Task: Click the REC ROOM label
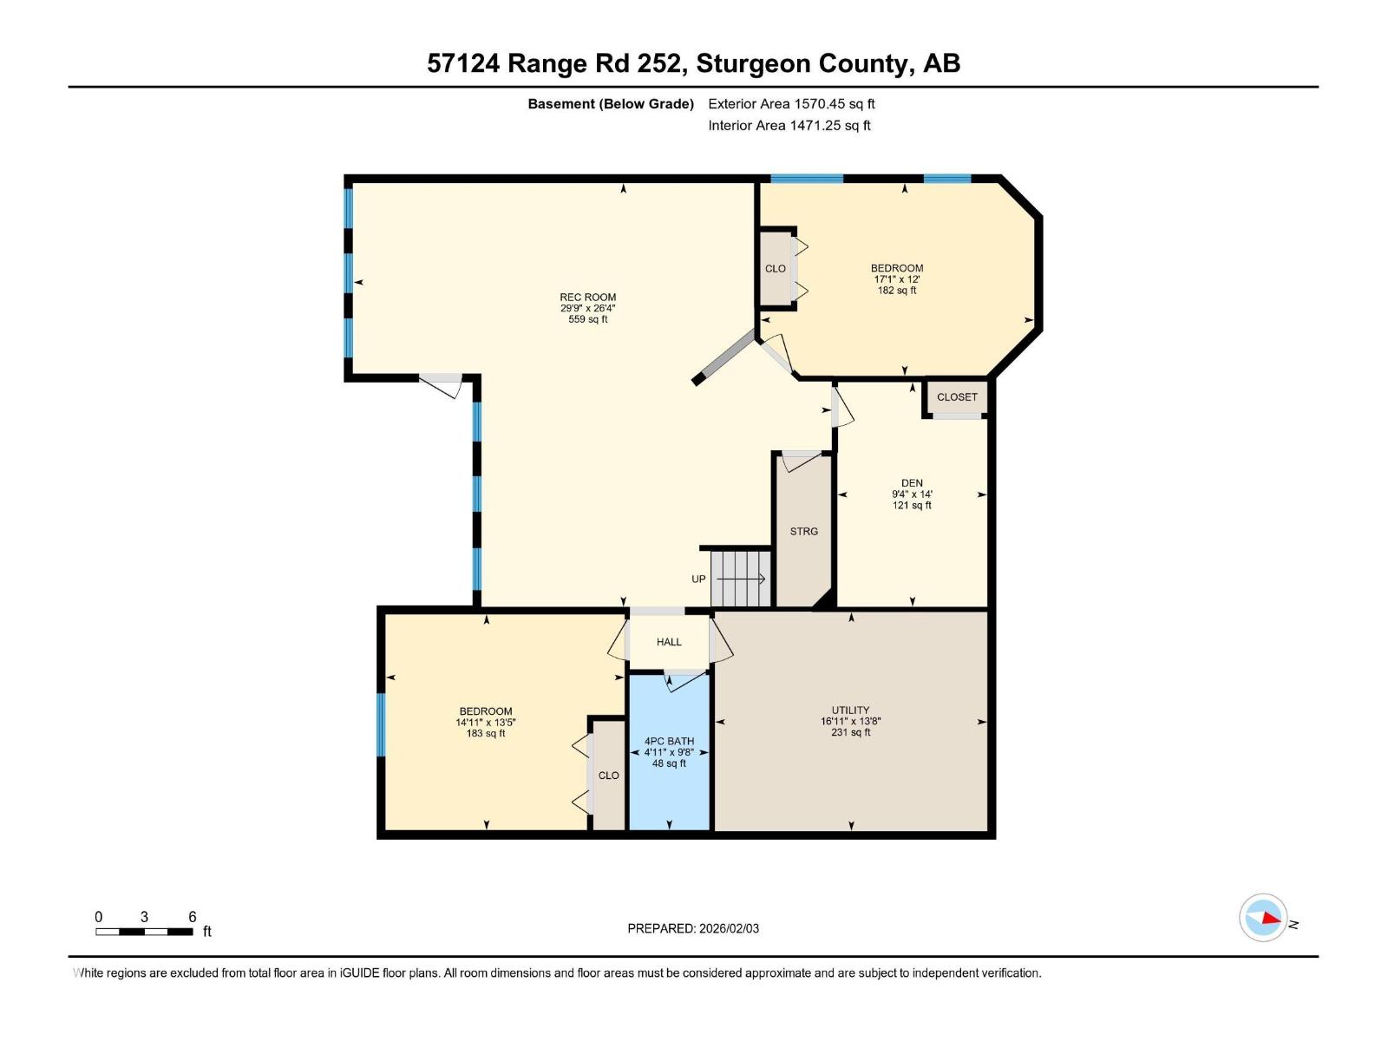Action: (x=587, y=297)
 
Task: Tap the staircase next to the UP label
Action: (x=741, y=579)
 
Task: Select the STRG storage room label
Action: (x=803, y=531)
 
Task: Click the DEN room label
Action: (x=912, y=483)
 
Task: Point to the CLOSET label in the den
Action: (x=957, y=397)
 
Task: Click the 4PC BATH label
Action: (x=669, y=742)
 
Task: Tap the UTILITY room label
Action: (x=850, y=710)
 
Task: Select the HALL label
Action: (x=669, y=642)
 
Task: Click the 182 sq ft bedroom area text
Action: (x=897, y=291)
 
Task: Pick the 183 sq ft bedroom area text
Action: (x=486, y=734)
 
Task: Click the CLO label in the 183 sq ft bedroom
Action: (x=608, y=776)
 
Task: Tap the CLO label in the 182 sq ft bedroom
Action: (x=776, y=269)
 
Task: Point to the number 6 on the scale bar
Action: (x=193, y=917)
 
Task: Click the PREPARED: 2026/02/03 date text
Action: (x=693, y=928)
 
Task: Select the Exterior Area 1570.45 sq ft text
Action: (x=791, y=104)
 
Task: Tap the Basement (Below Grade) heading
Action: (x=611, y=104)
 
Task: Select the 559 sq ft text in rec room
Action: (x=587, y=319)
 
